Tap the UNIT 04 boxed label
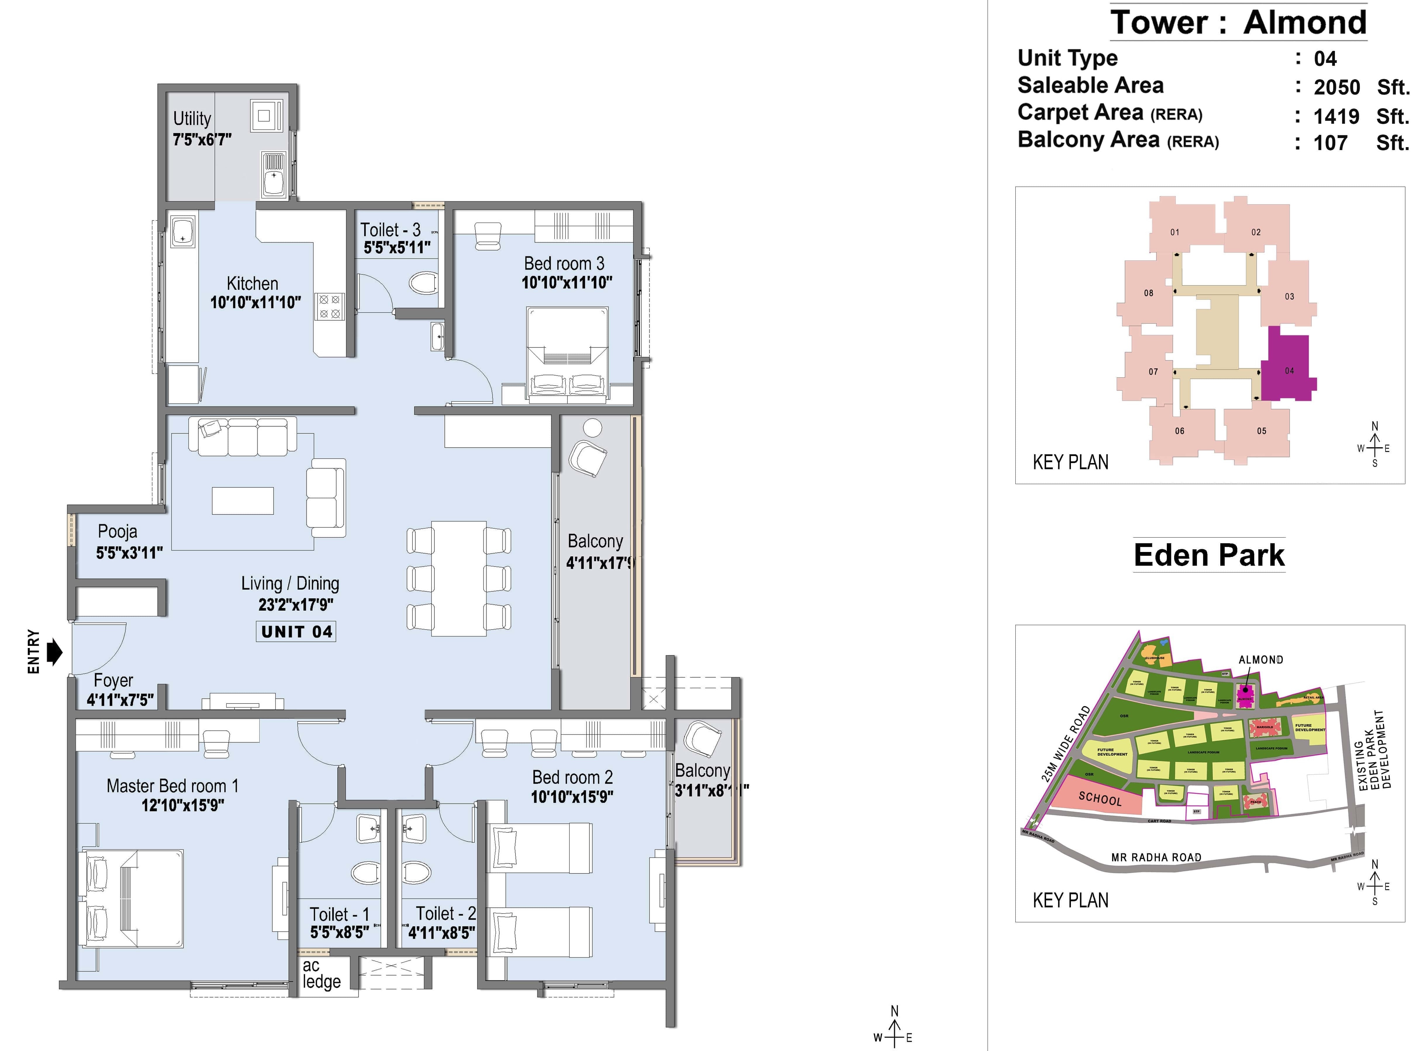point(296,632)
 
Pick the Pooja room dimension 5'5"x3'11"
point(129,553)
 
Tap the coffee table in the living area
point(243,501)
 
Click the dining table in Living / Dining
point(458,578)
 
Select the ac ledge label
point(321,973)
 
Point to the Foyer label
point(113,681)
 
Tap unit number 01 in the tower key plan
point(1174,232)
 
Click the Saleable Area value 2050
point(1337,87)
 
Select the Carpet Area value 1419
point(1336,116)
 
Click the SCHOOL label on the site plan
point(1100,799)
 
